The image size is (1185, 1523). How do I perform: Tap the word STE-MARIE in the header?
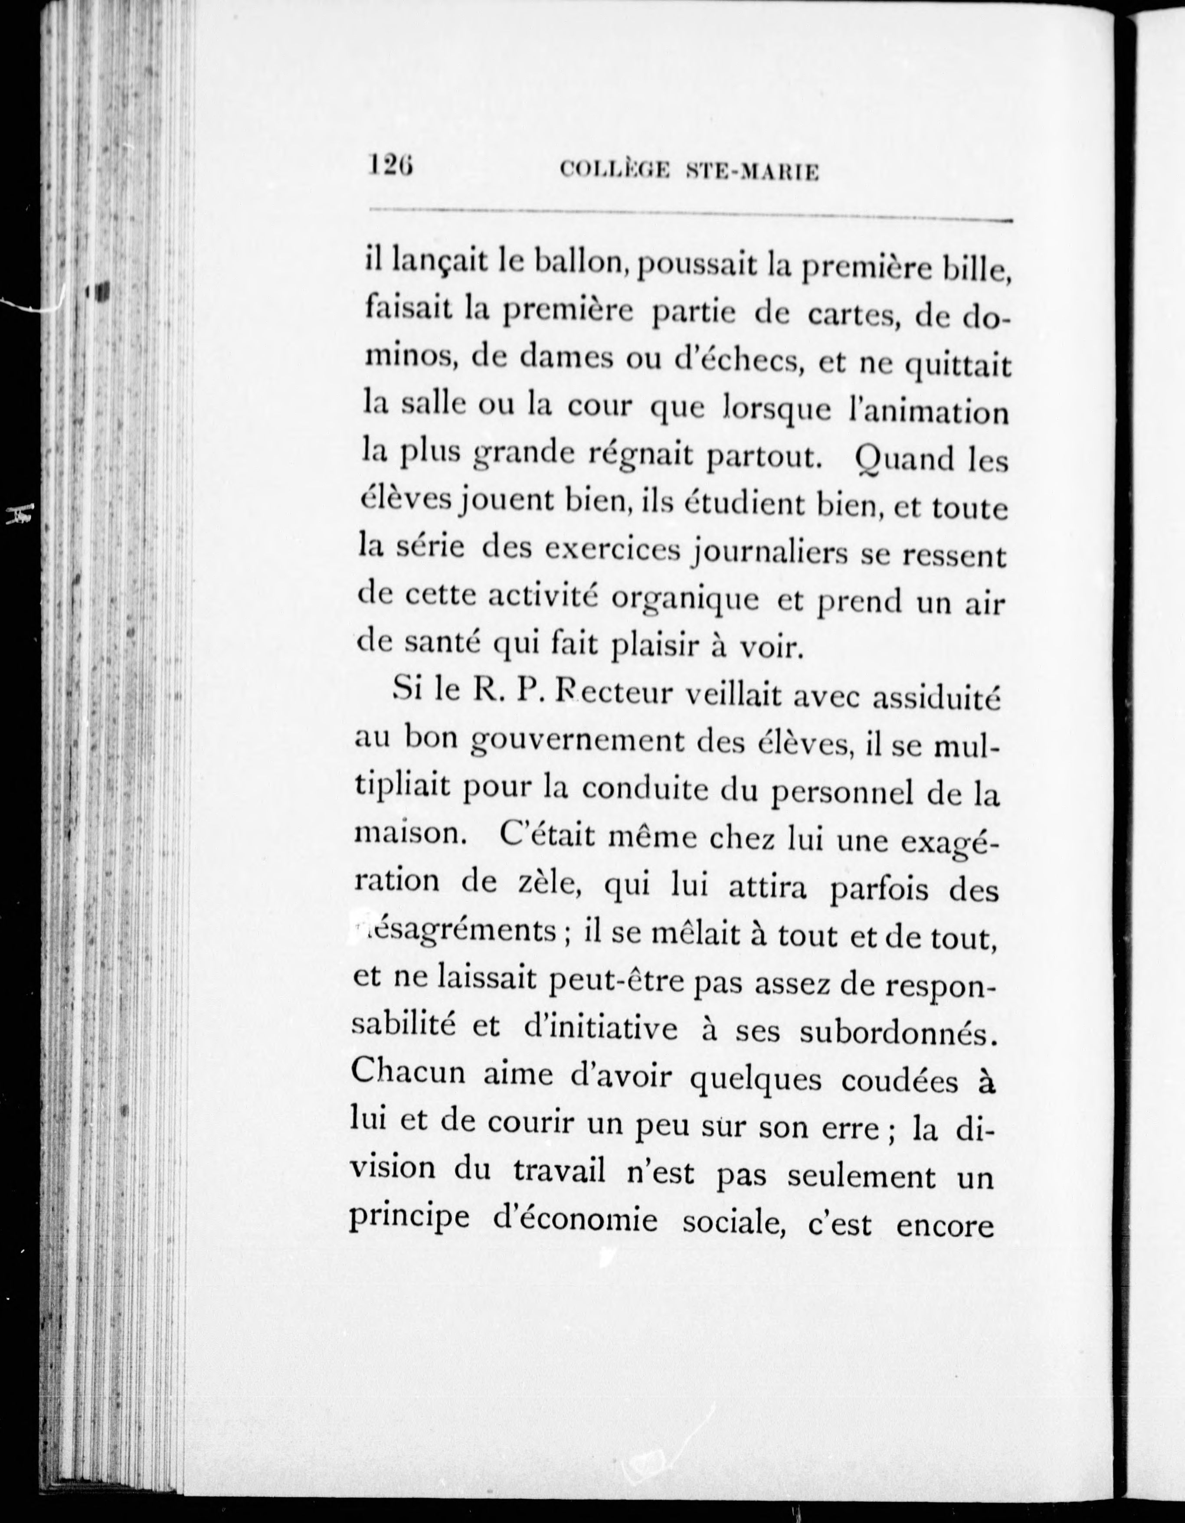pyautogui.click(x=752, y=172)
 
